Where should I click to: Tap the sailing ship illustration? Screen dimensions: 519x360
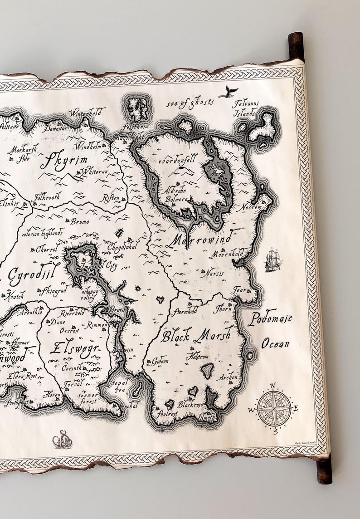(273, 259)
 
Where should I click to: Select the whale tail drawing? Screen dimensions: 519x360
(229, 93)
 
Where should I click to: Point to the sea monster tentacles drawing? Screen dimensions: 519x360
(62, 439)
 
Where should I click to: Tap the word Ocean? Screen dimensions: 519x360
(275, 344)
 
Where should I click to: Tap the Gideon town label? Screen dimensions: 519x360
(160, 362)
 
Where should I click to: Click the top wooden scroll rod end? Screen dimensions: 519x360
(297, 45)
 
